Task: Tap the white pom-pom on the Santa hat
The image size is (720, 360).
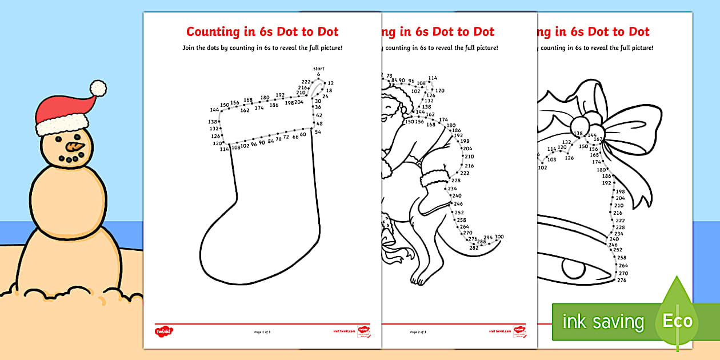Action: click(x=98, y=87)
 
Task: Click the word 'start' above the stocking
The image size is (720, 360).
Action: click(x=318, y=69)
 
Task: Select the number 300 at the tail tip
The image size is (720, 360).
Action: click(x=499, y=237)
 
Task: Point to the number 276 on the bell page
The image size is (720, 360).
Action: click(x=622, y=280)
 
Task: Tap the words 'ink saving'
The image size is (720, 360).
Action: click(x=603, y=322)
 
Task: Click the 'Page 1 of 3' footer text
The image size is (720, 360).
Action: click(x=262, y=331)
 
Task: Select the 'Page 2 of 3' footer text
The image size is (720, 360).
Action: click(x=418, y=331)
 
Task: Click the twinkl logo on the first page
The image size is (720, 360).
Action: click(x=163, y=330)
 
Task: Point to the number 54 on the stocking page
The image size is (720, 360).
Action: click(x=318, y=132)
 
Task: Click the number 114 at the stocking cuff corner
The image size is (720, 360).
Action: click(x=224, y=149)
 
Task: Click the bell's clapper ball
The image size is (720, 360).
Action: click(x=574, y=268)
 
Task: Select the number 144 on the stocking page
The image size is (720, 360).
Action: click(x=214, y=110)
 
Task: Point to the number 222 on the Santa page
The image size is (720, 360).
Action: click(x=465, y=173)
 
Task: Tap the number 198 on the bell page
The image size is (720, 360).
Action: click(x=620, y=191)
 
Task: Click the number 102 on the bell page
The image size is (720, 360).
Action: click(x=542, y=167)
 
